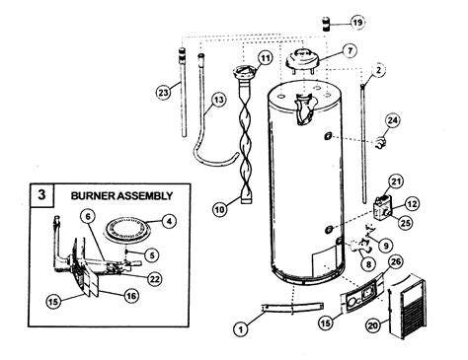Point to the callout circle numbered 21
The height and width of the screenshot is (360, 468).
coord(396,180)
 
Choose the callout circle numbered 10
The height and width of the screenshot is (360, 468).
coord(220,208)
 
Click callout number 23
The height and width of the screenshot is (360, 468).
coord(163,92)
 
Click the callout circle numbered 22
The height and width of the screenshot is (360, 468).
coord(154,277)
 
